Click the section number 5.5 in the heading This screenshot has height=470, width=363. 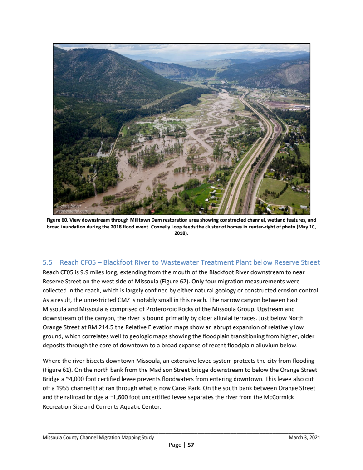pyautogui.click(x=48, y=262)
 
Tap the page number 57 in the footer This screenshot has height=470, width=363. pyautogui.click(x=191, y=445)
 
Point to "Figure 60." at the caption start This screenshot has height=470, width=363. pyautogui.click(x=57, y=220)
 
